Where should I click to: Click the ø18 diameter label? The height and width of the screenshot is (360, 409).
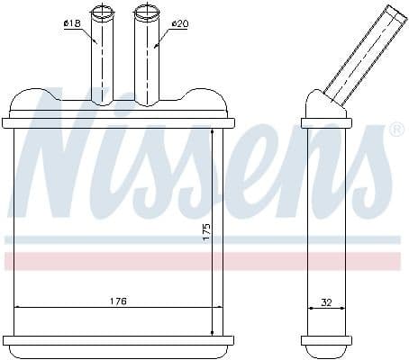[72, 24]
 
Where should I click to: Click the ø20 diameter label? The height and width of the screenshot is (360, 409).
[178, 24]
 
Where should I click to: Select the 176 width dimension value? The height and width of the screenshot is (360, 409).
[117, 301]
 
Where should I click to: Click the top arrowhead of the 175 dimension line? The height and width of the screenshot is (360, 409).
[213, 132]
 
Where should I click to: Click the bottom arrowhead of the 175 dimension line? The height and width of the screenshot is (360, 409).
[213, 331]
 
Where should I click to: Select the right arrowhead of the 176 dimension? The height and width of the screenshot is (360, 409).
[219, 308]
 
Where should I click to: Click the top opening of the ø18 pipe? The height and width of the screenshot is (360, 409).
[103, 10]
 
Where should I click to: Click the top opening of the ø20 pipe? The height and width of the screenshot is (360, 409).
[145, 10]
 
